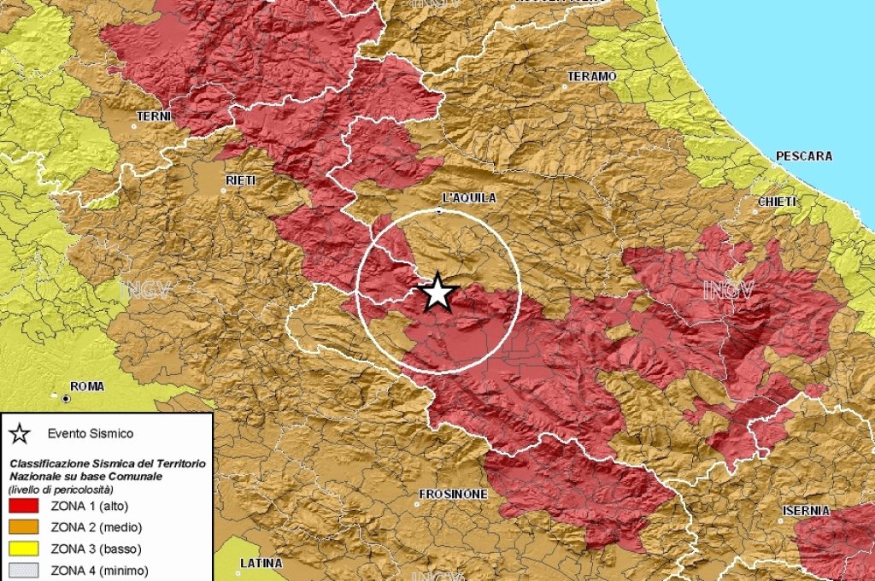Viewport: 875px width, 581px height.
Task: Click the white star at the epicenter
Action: tap(437, 292)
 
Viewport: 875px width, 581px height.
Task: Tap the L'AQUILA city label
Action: tap(469, 197)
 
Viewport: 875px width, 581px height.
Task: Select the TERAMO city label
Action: tap(591, 77)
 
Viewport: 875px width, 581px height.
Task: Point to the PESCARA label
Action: tap(803, 156)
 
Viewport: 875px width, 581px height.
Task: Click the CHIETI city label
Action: tap(777, 202)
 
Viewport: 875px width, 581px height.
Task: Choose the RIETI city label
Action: tap(240, 180)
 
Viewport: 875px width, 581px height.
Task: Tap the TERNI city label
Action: tap(154, 116)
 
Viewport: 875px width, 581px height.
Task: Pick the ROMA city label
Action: tap(87, 386)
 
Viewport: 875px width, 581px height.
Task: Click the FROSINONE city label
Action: tap(453, 494)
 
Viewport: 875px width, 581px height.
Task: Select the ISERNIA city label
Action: tap(805, 511)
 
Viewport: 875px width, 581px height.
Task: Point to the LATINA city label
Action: tap(261, 563)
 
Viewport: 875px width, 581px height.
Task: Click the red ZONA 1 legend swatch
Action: tap(22, 506)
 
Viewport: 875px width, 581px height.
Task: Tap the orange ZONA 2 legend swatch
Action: tap(22, 527)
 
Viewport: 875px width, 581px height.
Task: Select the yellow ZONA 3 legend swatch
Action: tap(22, 549)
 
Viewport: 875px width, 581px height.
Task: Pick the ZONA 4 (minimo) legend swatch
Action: tap(22, 570)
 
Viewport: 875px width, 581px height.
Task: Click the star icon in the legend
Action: tap(20, 433)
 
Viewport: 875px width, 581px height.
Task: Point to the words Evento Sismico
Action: tap(91, 433)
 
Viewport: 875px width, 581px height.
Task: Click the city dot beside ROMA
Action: tap(65, 397)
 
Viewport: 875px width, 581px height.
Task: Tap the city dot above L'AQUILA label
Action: tap(439, 209)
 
